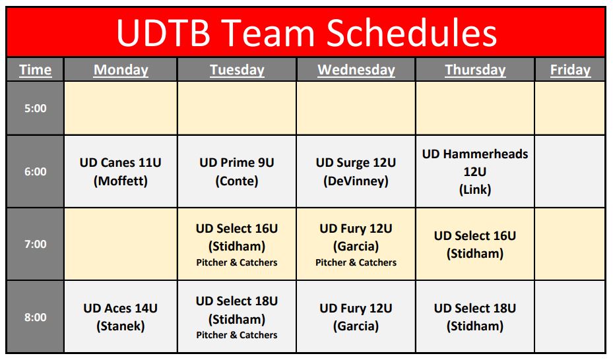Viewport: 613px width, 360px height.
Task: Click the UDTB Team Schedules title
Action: pos(306,33)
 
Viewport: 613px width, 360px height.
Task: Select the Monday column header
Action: pos(121,70)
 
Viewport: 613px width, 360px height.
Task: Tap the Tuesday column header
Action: pos(237,70)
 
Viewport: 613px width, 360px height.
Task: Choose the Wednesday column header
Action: pos(356,70)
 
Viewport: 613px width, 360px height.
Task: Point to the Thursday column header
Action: pos(475,70)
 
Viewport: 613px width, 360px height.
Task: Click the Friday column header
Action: pos(570,70)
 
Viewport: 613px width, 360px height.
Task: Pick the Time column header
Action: pos(35,70)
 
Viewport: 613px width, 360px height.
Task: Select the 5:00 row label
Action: pos(35,108)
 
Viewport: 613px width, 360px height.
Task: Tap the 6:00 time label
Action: pos(35,171)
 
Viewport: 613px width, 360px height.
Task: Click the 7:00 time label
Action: pos(35,244)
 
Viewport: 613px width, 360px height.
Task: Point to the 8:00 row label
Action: pos(35,317)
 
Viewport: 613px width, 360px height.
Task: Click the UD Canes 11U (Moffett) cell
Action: pos(120,171)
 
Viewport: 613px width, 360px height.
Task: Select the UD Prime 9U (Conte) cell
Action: pos(237,171)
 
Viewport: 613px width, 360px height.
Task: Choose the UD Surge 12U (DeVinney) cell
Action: pos(356,171)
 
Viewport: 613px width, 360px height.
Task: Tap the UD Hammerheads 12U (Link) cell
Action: pos(475,171)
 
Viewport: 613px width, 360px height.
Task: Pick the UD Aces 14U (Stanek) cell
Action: pos(120,316)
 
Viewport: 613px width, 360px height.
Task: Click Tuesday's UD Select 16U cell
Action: pos(237,244)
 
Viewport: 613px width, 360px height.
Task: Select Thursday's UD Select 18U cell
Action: pos(475,316)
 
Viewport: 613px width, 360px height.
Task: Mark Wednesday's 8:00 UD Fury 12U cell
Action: pos(356,316)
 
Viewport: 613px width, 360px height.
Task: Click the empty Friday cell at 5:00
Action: pos(569,108)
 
